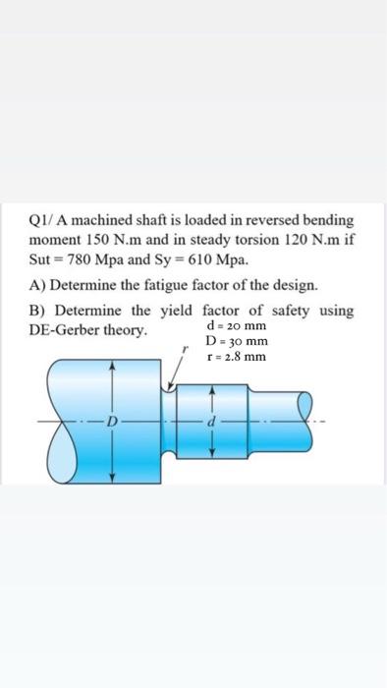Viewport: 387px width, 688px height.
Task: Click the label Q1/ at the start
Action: [x=43, y=222]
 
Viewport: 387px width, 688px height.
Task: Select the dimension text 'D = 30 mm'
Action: [x=237, y=341]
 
